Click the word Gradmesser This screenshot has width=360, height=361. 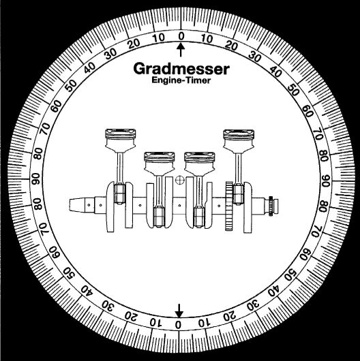tap(181, 69)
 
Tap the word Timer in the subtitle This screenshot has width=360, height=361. tap(198, 80)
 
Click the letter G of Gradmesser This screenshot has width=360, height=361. tap(140, 69)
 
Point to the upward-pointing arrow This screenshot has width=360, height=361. tap(181, 50)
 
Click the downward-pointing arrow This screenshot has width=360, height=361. tap(179, 311)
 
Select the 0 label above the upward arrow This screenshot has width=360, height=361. tap(181, 36)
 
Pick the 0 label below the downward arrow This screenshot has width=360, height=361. tap(178, 325)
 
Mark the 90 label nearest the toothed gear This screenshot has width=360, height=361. tap(326, 181)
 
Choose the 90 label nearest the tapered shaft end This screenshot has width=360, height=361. tap(35, 179)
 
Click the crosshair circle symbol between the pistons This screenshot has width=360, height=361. tap(179, 180)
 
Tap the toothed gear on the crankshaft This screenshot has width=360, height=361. tap(229, 206)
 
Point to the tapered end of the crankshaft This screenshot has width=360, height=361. tap(78, 205)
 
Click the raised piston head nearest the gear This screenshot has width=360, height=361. tap(239, 141)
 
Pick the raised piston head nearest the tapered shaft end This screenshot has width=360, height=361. tap(120, 140)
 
